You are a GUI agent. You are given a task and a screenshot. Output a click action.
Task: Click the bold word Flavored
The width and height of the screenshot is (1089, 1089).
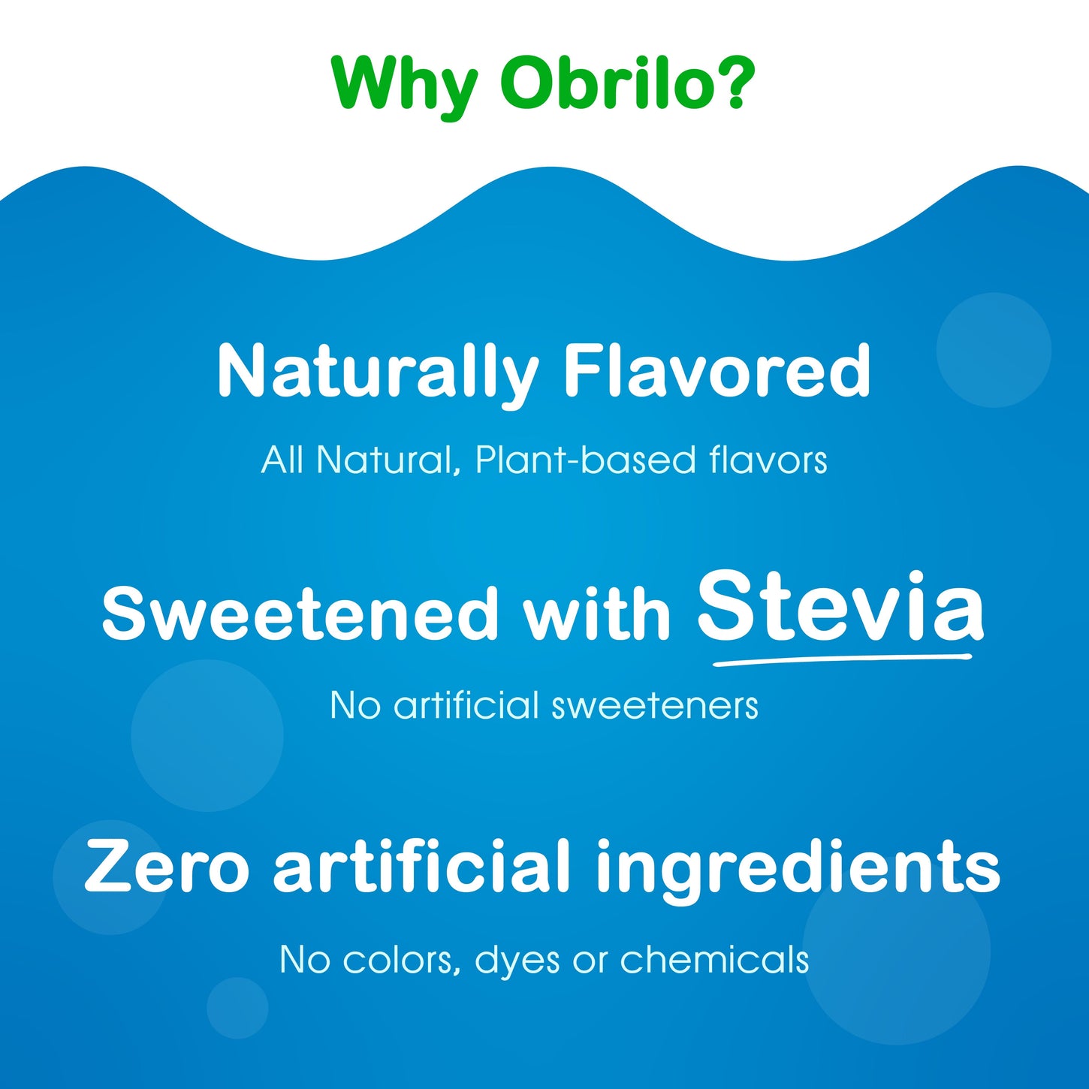click(x=717, y=370)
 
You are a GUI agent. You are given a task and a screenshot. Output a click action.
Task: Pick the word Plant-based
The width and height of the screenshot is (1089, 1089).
click(x=586, y=460)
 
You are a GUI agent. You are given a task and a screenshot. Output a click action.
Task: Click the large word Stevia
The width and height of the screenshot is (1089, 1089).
click(x=840, y=607)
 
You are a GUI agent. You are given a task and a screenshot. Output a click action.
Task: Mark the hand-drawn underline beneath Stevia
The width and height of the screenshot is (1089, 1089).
click(x=841, y=660)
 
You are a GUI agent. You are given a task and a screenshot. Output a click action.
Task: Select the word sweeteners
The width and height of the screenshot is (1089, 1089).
click(x=654, y=706)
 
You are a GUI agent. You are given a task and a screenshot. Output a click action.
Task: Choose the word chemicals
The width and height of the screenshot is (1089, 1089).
click(x=714, y=959)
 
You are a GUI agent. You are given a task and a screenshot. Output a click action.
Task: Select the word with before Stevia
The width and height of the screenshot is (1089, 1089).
click(x=596, y=614)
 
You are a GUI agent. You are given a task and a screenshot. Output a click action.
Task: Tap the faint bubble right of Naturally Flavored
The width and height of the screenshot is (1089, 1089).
click(x=993, y=350)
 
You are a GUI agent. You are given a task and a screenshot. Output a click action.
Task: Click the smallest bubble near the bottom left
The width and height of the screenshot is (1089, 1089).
click(x=237, y=1008)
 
